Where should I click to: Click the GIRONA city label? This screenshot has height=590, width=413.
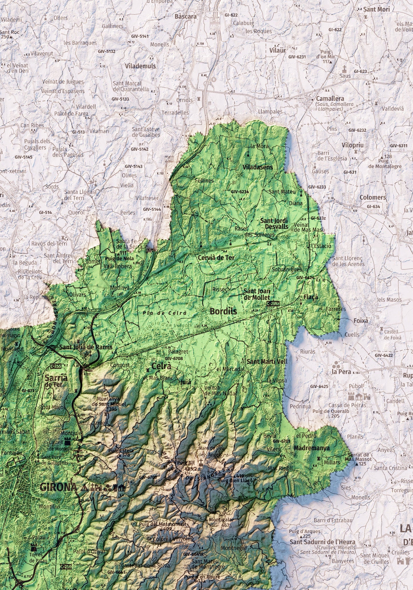[59, 487]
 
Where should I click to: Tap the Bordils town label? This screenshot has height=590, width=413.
[223, 311]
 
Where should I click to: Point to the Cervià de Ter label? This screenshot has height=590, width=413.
[216, 258]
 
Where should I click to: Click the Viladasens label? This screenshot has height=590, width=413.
[258, 167]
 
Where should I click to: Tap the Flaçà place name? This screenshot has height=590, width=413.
[311, 297]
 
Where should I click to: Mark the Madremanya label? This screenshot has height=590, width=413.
[312, 448]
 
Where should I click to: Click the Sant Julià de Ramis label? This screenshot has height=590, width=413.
[85, 347]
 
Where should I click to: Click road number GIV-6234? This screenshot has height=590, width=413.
[240, 192]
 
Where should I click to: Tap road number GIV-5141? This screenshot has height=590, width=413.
[140, 36]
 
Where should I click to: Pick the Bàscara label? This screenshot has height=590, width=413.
[186, 17]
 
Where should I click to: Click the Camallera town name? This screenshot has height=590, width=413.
[330, 99]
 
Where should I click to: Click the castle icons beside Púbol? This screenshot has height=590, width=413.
[359, 396]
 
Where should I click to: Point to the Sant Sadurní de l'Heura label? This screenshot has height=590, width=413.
[322, 542]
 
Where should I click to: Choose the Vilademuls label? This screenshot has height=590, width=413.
[140, 66]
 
